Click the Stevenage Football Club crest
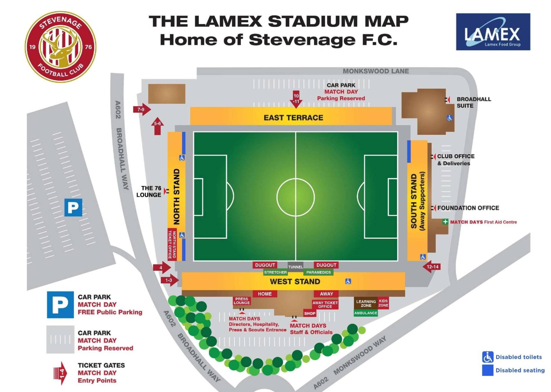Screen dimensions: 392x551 [x=60, y=47]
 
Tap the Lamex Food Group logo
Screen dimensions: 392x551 [x=493, y=32]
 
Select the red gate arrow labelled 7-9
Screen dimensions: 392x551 [x=142, y=110]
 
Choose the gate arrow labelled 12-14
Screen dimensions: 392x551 [x=432, y=266]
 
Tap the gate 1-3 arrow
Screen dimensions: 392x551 [x=169, y=280]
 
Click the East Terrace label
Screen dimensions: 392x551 [x=293, y=118]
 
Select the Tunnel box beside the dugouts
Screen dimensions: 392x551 [x=295, y=266]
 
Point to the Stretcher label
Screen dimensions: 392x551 [x=275, y=272]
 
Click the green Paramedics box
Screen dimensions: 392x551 [x=318, y=272]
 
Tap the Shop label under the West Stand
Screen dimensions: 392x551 [x=309, y=314]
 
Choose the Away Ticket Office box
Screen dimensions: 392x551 [x=325, y=305]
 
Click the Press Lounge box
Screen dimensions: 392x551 [x=242, y=301]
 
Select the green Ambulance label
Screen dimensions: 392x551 [x=365, y=313]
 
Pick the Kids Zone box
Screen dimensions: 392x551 [x=383, y=303]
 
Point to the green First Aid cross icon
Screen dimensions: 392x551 [x=445, y=222]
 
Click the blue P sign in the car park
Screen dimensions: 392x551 [x=73, y=207]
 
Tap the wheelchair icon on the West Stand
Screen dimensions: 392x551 [x=348, y=281]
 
